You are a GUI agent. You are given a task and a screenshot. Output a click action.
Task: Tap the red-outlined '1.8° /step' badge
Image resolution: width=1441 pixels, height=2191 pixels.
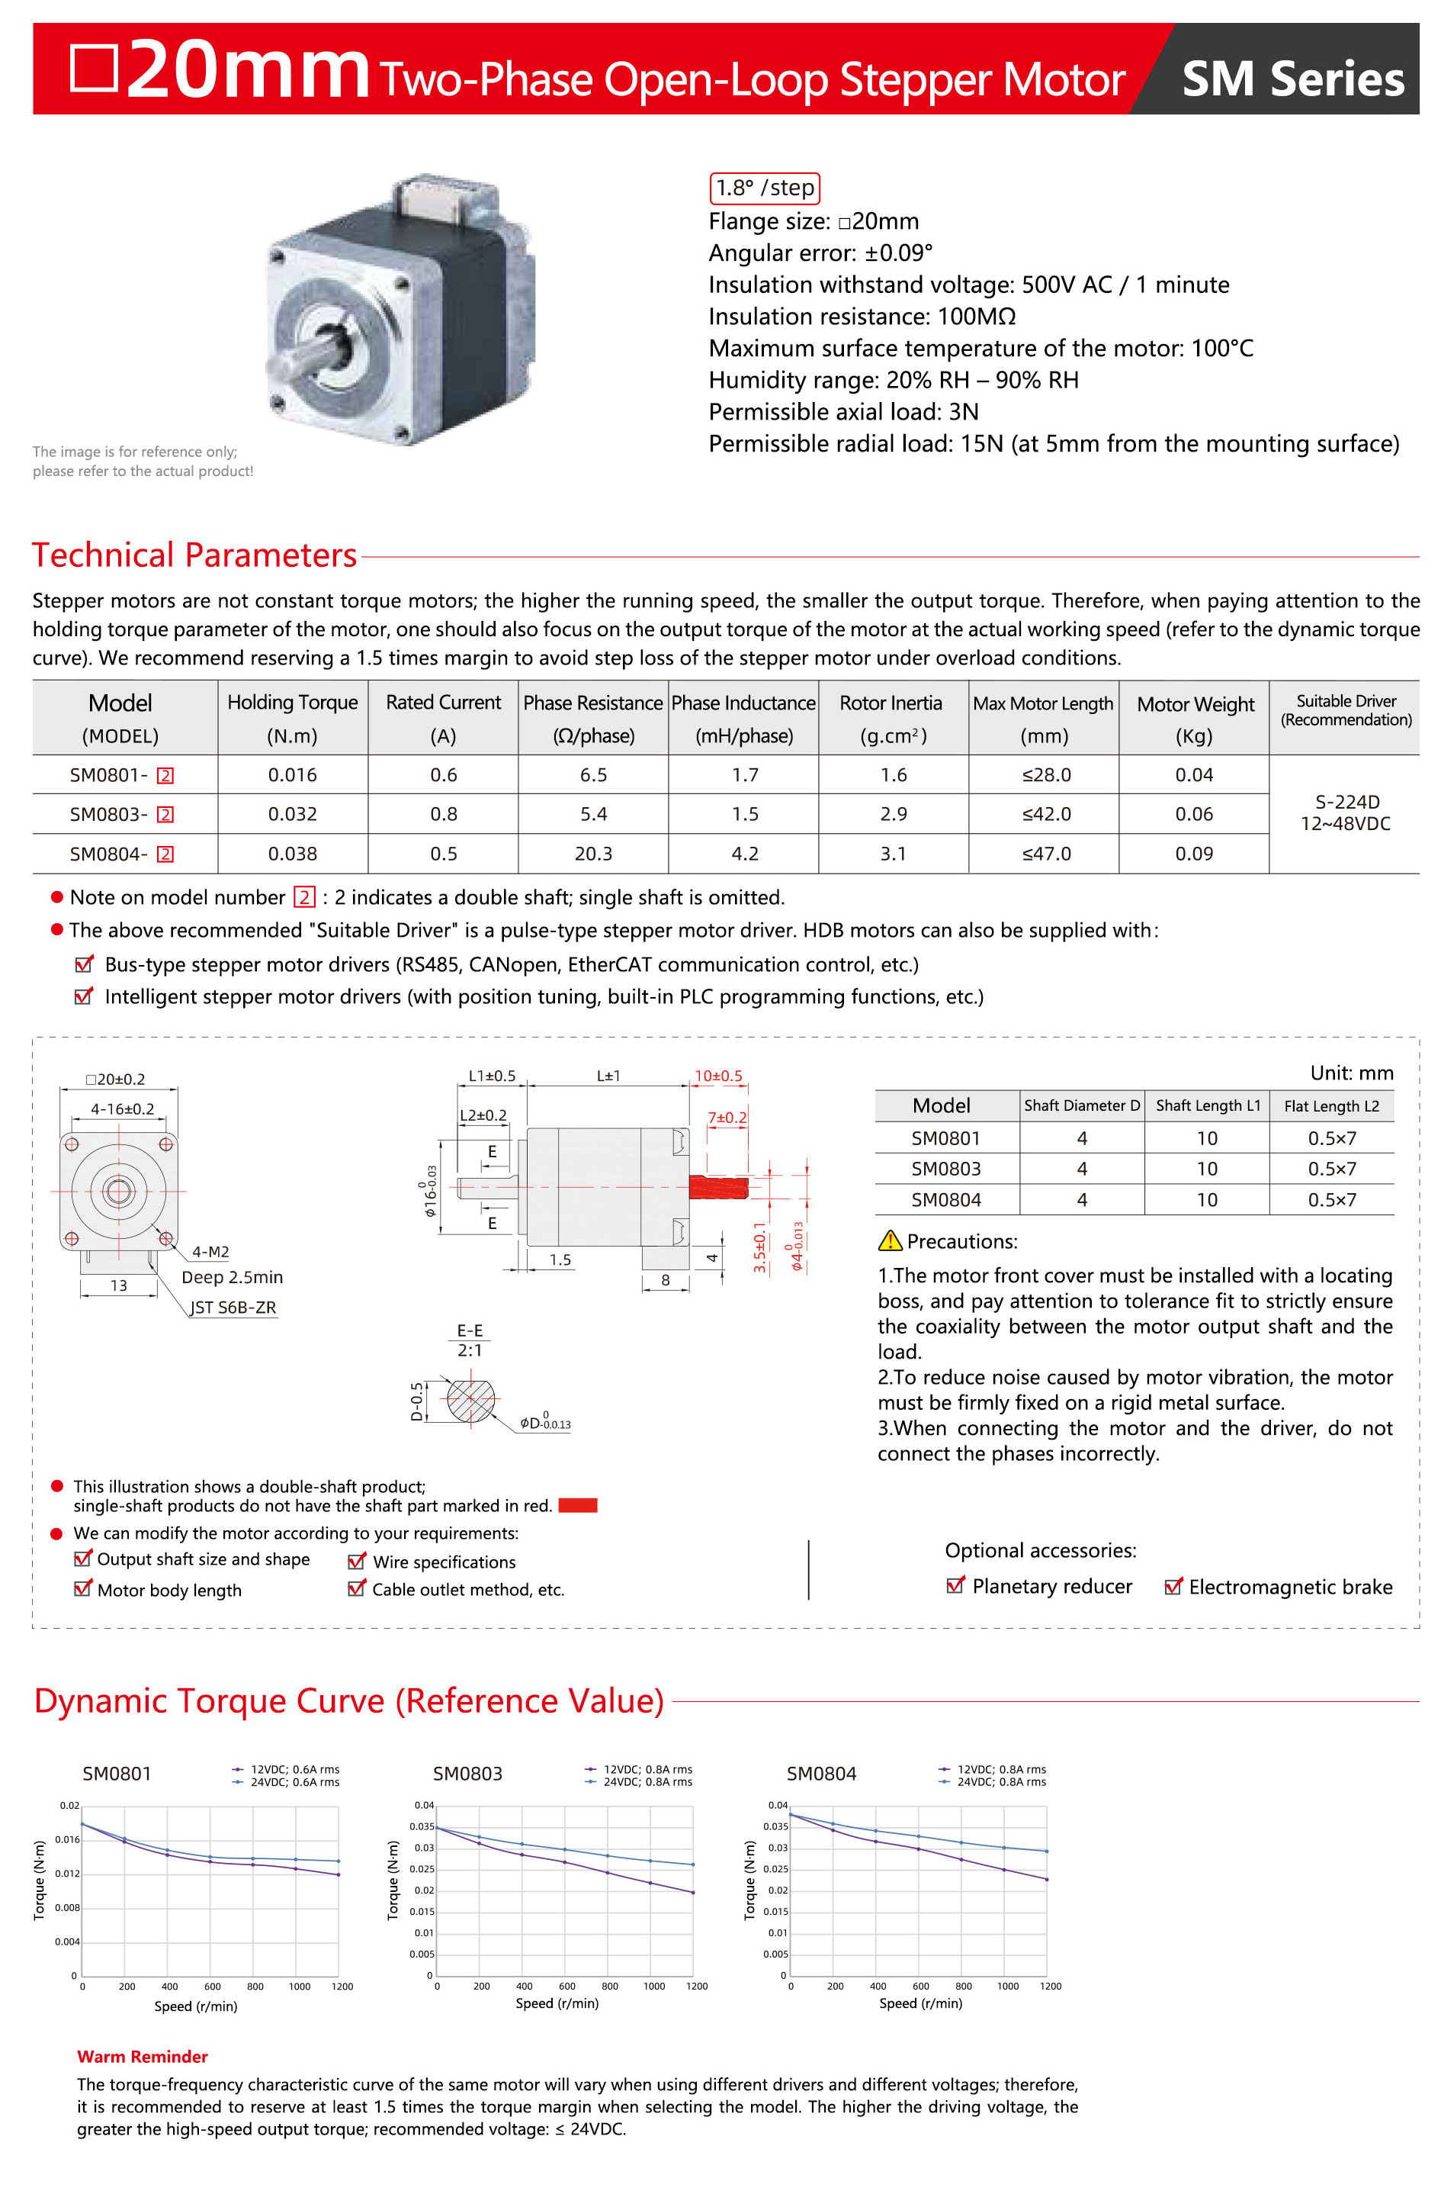pos(764,188)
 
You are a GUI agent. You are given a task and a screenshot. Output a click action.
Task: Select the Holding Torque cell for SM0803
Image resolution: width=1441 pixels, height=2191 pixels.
pos(292,814)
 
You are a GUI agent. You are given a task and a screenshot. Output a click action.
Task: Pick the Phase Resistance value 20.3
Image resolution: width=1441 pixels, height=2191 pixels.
pos(592,854)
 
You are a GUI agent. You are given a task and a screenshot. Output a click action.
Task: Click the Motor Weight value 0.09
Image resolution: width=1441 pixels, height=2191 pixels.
pos(1193,854)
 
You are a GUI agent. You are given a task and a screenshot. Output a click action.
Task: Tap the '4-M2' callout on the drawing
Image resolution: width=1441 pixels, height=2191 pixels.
pos(210,1252)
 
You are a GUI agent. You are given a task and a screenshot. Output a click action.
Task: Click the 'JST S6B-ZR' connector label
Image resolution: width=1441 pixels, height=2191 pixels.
pos(233,1308)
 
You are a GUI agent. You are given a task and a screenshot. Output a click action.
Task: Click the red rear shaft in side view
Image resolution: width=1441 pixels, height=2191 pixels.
pos(717,1186)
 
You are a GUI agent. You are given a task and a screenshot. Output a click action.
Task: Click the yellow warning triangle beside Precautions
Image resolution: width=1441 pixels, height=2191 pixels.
pos(890,1241)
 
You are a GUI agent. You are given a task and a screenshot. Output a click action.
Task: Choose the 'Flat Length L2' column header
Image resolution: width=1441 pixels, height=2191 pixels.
pos(1330,1105)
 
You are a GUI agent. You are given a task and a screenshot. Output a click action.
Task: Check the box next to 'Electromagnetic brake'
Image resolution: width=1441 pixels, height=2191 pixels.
pos(1173,1586)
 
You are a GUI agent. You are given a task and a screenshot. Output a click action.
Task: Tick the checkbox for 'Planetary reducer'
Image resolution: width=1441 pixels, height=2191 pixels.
pos(955,1585)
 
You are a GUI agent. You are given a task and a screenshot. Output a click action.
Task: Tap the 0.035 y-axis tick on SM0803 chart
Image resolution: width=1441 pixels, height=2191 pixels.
pos(422,1826)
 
